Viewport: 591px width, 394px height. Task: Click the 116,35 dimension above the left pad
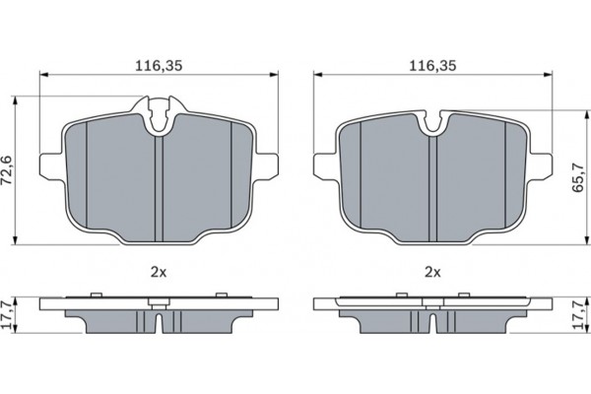click(x=157, y=66)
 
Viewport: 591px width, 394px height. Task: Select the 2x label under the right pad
click(x=430, y=270)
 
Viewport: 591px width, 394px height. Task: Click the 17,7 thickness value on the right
click(x=578, y=314)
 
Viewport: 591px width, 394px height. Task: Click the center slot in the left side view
click(x=158, y=321)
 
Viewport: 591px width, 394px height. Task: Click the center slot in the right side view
click(x=431, y=321)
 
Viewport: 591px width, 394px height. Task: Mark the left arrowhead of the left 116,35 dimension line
click(x=43, y=76)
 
